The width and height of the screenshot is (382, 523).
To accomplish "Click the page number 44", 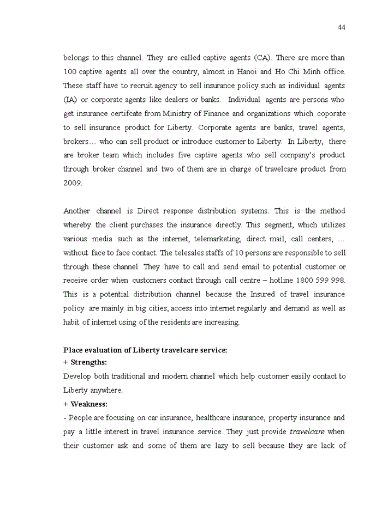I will (x=341, y=28).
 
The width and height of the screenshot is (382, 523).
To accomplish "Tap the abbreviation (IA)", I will (x=70, y=100).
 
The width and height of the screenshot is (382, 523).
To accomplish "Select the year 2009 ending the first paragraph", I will (x=73, y=183).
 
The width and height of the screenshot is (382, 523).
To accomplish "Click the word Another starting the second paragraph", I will (x=77, y=211).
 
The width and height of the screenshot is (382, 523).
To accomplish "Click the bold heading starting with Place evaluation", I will (x=145, y=350).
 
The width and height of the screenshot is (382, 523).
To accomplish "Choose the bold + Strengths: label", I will (x=85, y=362).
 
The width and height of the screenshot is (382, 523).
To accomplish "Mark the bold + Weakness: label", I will (x=85, y=404).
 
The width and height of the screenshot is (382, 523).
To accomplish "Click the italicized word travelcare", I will (x=307, y=431).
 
